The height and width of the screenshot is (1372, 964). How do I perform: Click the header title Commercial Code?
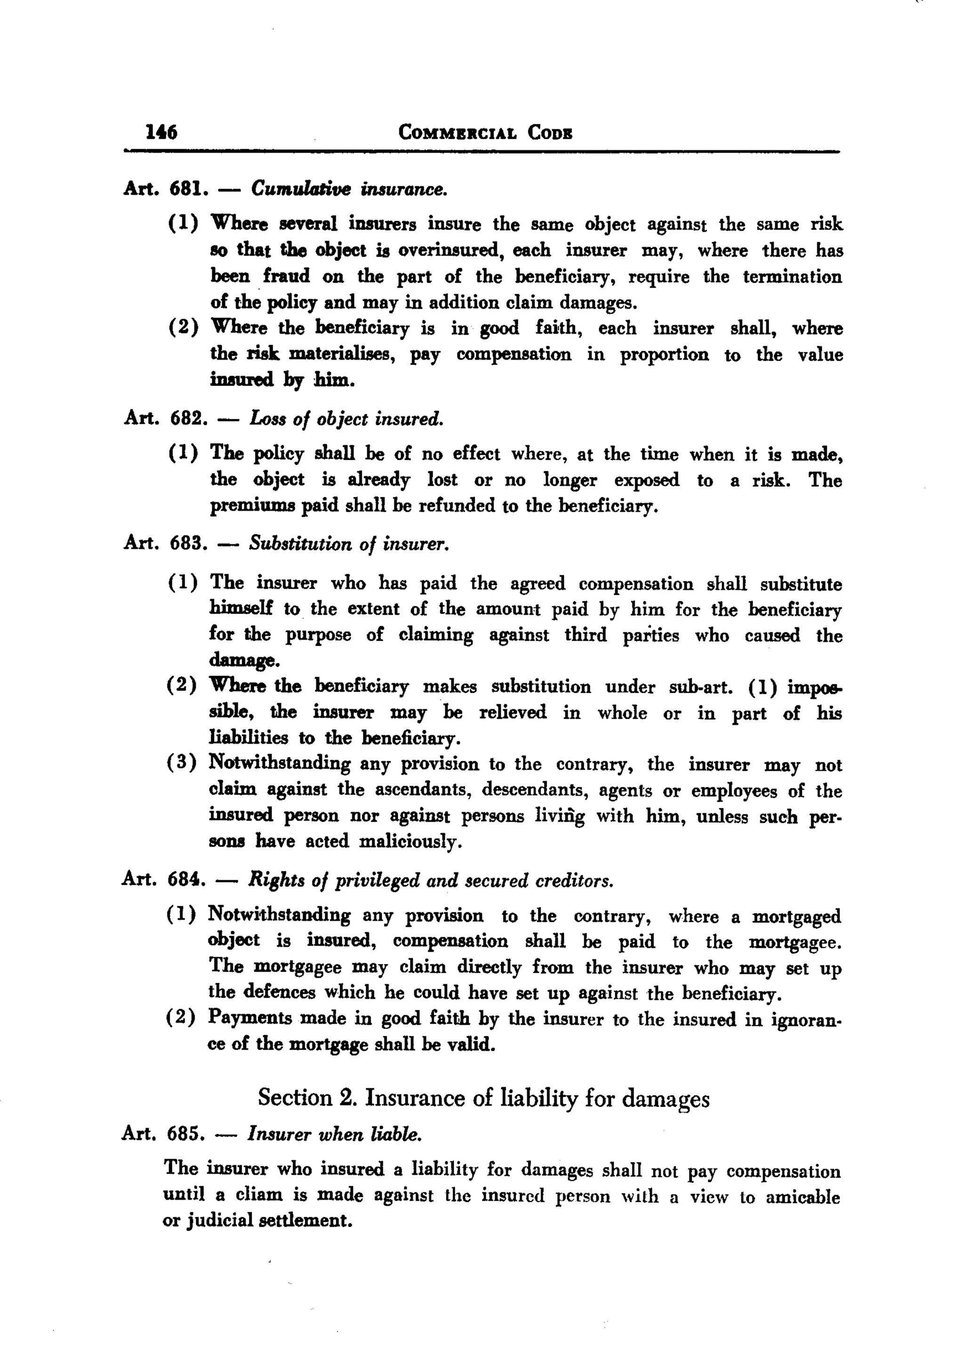click(x=485, y=132)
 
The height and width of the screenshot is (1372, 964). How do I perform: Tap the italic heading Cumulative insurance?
click(x=348, y=189)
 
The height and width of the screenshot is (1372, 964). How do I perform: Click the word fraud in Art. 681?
click(x=286, y=276)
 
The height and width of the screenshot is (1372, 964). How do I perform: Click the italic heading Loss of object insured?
click(x=346, y=419)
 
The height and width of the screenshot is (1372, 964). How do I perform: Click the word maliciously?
click(x=410, y=842)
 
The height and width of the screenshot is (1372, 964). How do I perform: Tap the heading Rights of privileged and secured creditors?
click(x=431, y=880)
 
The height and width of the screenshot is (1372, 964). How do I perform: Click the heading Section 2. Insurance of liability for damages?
click(x=483, y=1097)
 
